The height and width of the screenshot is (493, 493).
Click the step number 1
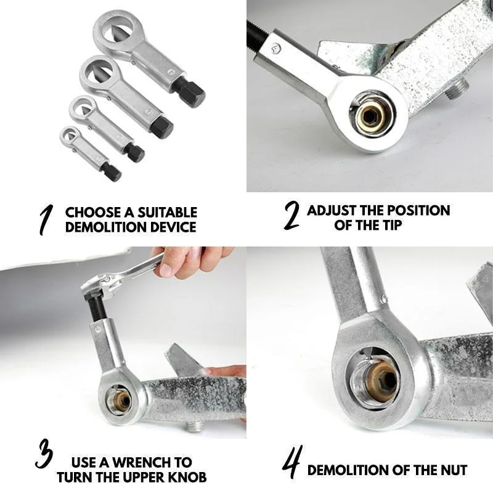(x=44, y=220)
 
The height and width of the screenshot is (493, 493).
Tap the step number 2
(x=291, y=217)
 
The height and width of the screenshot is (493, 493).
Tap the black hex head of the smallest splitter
(x=112, y=171)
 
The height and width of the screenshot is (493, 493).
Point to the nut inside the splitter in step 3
(x=118, y=401)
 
